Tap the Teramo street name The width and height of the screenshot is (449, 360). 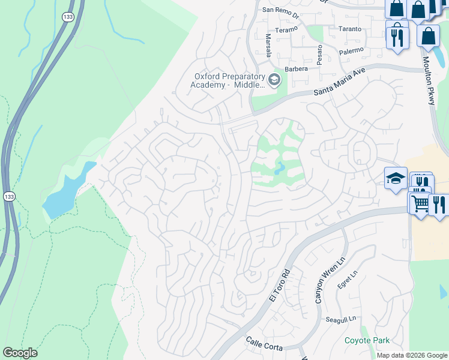tap(286, 29)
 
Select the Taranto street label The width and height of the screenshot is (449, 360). tap(350, 29)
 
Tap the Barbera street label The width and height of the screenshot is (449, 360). tap(297, 69)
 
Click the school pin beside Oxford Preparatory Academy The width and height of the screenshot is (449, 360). tap(274, 79)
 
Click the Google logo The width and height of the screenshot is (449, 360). tap(20, 352)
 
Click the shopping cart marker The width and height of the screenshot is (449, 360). tap(420, 204)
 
